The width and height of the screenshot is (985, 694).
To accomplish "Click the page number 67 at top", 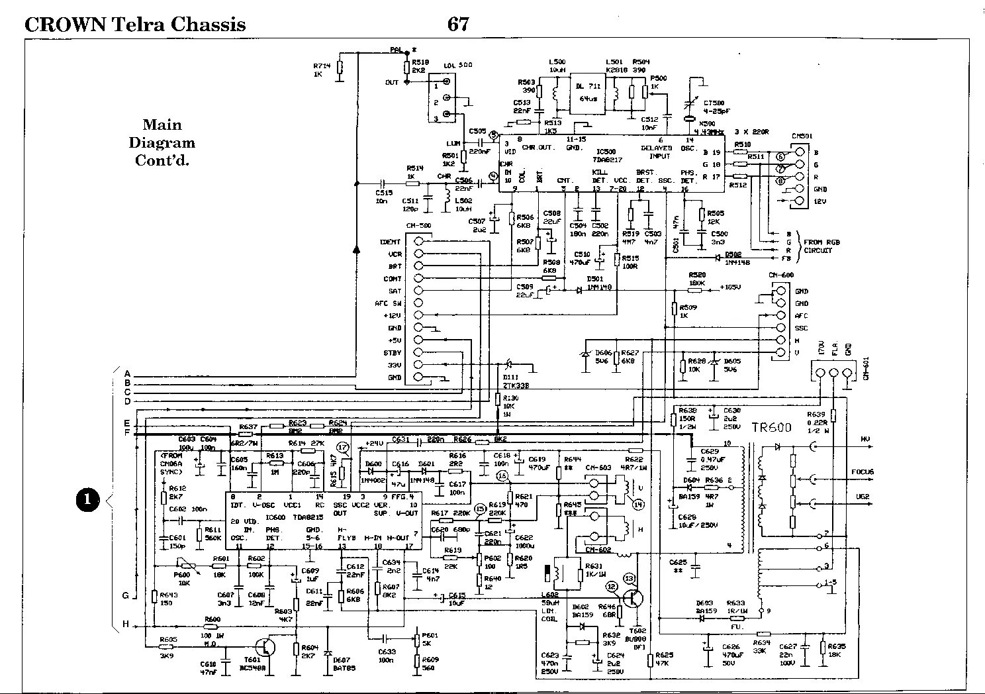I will click(458, 25).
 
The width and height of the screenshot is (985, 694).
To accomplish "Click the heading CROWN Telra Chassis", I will click(135, 25).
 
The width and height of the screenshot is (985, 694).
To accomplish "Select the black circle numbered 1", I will click(87, 500).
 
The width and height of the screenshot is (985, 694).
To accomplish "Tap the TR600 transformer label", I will click(771, 428).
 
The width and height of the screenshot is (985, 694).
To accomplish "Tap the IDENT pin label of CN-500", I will click(391, 242).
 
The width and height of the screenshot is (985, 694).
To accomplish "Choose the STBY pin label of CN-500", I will click(392, 353).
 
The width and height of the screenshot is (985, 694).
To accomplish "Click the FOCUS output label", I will click(863, 472).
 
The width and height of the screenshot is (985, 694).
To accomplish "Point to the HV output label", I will click(865, 440).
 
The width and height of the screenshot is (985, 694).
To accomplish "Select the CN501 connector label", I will click(802, 137).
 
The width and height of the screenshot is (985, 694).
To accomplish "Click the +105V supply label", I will click(731, 287).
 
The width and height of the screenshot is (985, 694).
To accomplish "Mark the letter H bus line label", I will click(126, 624).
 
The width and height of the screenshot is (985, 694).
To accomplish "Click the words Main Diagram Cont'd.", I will click(162, 142).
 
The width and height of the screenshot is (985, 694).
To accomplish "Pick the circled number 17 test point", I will click(342, 448).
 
